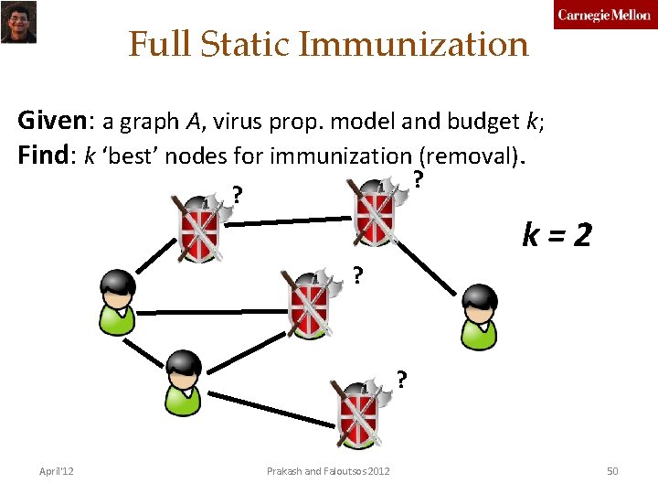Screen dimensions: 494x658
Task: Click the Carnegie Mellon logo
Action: pyautogui.click(x=604, y=16)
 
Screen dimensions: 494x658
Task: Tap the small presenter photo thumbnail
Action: pyautogui.click(x=17, y=21)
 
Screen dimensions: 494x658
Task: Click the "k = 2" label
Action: pyautogui.click(x=557, y=237)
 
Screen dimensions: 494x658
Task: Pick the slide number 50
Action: pyautogui.click(x=612, y=471)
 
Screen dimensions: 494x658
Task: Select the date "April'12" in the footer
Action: pyautogui.click(x=57, y=471)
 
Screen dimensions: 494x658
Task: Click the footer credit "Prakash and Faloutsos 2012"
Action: pyautogui.click(x=328, y=471)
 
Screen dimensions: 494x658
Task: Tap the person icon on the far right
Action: pyautogui.click(x=478, y=317)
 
